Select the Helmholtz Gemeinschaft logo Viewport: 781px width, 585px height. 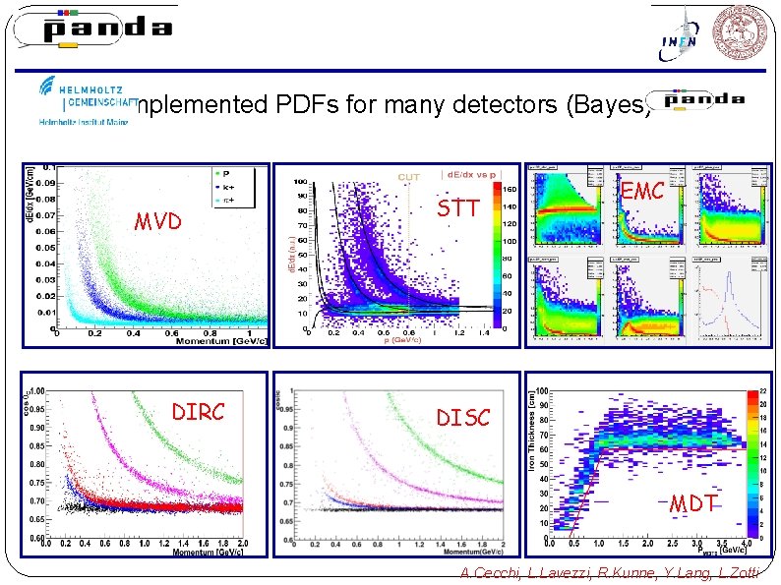[x=87, y=99]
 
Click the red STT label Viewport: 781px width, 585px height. [x=457, y=207]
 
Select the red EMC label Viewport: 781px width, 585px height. [x=642, y=192]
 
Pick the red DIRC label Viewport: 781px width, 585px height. [x=198, y=411]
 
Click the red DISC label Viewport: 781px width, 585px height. [x=463, y=418]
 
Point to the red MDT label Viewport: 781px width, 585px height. [x=692, y=503]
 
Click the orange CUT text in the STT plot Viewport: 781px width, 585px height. [x=409, y=177]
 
